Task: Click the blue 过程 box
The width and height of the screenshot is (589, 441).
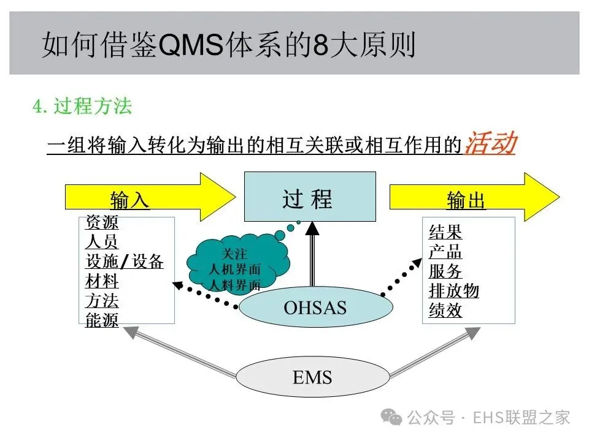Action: point(310,196)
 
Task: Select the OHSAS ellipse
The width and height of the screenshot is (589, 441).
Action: point(315,307)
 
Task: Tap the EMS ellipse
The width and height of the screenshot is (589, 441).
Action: point(312,376)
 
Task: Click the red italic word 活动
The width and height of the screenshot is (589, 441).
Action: point(490,144)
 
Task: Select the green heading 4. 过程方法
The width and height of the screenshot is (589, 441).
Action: point(82,107)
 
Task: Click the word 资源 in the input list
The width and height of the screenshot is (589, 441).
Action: point(102,222)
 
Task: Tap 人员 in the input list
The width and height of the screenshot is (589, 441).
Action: point(102,241)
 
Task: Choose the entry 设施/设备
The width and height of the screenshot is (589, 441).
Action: point(125,262)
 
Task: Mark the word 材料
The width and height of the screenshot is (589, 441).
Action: point(102,281)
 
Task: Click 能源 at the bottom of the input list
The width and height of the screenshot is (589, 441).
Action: point(102,320)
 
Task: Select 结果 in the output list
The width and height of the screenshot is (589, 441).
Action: point(445,232)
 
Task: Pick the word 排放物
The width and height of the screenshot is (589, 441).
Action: point(454,290)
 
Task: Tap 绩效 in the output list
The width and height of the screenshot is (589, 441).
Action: point(445,310)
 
